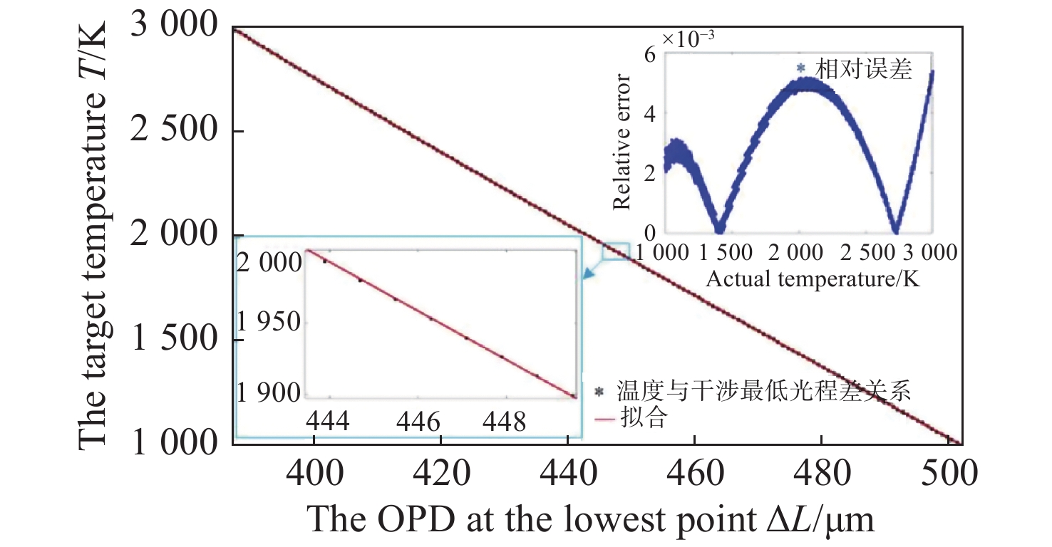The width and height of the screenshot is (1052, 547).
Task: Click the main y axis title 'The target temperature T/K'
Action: pos(93,235)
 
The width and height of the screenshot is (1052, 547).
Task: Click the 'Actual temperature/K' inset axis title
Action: pos(813,280)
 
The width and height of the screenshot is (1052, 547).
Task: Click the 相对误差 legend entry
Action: pos(865,69)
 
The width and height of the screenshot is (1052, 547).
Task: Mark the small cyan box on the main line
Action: pos(615,251)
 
